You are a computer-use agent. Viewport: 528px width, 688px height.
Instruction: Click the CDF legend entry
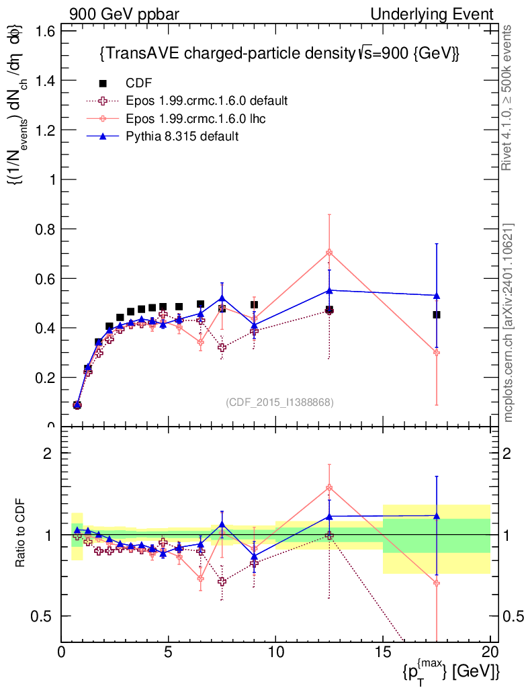[x=139, y=83]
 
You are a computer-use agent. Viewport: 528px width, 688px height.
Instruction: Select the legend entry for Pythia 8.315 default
[x=182, y=136]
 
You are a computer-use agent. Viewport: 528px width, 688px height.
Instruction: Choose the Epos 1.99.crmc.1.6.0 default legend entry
[x=207, y=101]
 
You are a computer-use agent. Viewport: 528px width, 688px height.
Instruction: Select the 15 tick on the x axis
[x=383, y=652]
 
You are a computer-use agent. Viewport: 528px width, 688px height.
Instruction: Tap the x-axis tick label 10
[x=275, y=652]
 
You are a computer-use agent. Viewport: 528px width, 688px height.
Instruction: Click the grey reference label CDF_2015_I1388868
[x=279, y=402]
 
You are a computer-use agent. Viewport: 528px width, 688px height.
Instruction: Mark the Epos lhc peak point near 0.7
[x=329, y=253]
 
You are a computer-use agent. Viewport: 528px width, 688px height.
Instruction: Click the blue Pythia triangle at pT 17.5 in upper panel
[x=437, y=296]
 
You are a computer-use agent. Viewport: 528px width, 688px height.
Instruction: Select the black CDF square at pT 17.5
[x=437, y=314]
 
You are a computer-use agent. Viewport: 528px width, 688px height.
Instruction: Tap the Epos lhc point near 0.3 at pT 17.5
[x=437, y=352]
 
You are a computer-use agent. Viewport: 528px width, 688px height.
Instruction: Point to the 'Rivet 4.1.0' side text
[x=509, y=97]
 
